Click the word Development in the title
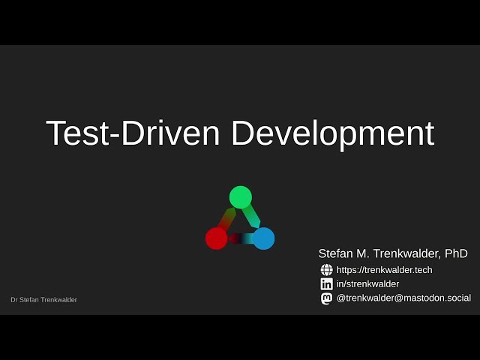(332, 134)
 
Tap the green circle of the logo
(240, 197)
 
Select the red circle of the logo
(217, 238)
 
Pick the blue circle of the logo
(263, 238)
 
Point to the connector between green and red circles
(227, 218)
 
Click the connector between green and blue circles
(252, 217)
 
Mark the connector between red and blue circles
(240, 238)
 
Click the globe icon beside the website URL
(326, 270)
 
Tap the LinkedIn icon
(326, 284)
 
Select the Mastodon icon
(326, 298)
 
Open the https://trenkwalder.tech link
(384, 270)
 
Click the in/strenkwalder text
(367, 284)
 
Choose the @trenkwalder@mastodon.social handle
(403, 298)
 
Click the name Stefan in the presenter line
(335, 254)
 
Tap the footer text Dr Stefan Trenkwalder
(43, 300)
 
